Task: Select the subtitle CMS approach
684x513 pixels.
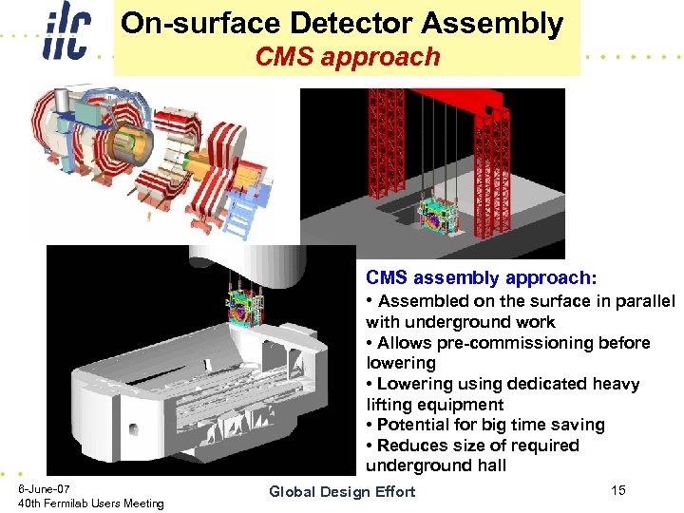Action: point(348,57)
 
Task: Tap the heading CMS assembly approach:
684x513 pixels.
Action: point(482,278)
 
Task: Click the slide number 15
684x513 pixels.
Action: point(618,490)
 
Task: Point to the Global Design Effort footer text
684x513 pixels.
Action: point(342,491)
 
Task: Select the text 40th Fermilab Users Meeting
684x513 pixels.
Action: point(91,503)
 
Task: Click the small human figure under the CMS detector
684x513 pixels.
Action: point(148,218)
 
